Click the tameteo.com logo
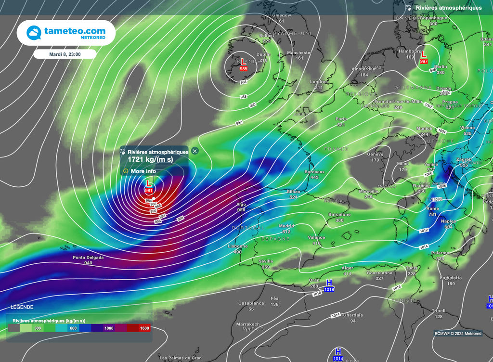(66, 33)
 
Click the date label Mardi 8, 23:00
(65, 54)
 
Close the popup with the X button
(195, 151)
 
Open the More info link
(143, 171)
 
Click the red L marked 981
(149, 184)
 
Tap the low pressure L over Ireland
(244, 62)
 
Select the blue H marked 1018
(329, 283)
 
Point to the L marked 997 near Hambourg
(424, 55)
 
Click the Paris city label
(341, 118)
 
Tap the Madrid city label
(286, 226)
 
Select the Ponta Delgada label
(88, 258)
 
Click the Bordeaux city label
(315, 172)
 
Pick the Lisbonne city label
(238, 246)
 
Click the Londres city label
(319, 82)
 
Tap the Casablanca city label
(251, 303)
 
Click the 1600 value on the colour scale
(144, 328)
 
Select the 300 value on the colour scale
(37, 328)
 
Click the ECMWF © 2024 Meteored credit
(457, 333)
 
